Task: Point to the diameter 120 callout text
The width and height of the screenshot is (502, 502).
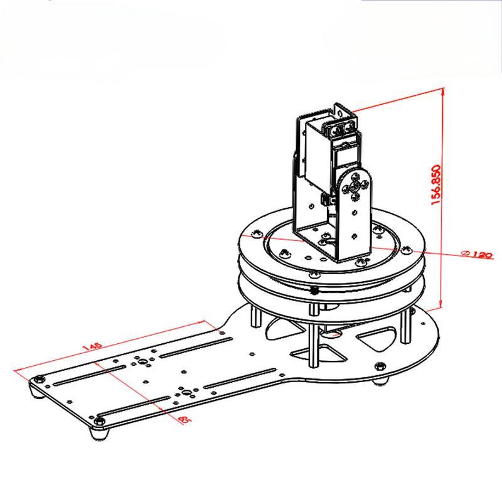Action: click(479, 255)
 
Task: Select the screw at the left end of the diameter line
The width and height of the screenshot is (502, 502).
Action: click(255, 235)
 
